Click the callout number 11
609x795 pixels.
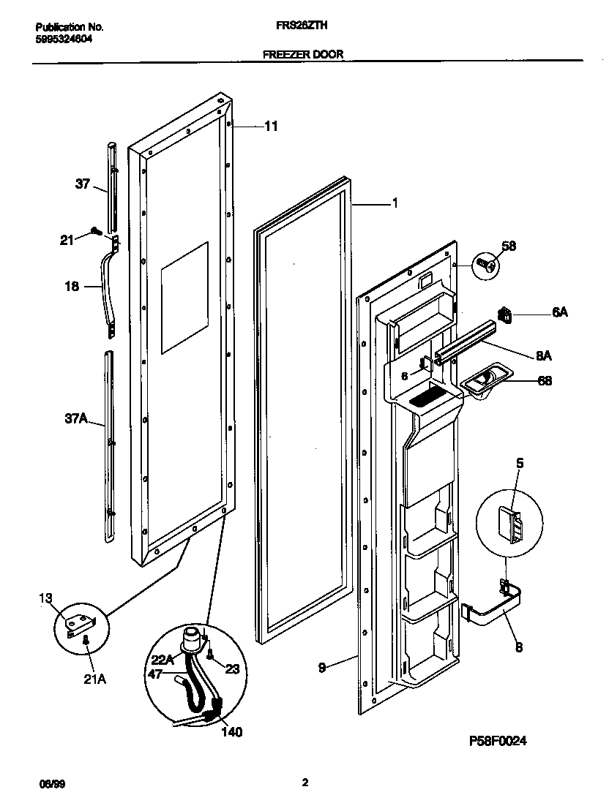point(271,126)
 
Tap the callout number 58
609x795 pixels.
point(508,246)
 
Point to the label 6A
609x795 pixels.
point(559,312)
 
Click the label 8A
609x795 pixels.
point(543,355)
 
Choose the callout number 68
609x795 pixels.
point(544,380)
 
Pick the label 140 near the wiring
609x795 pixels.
point(231,731)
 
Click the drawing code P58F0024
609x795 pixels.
point(498,741)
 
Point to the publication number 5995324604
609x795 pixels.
point(64,39)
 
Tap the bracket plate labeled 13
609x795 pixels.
point(79,623)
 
